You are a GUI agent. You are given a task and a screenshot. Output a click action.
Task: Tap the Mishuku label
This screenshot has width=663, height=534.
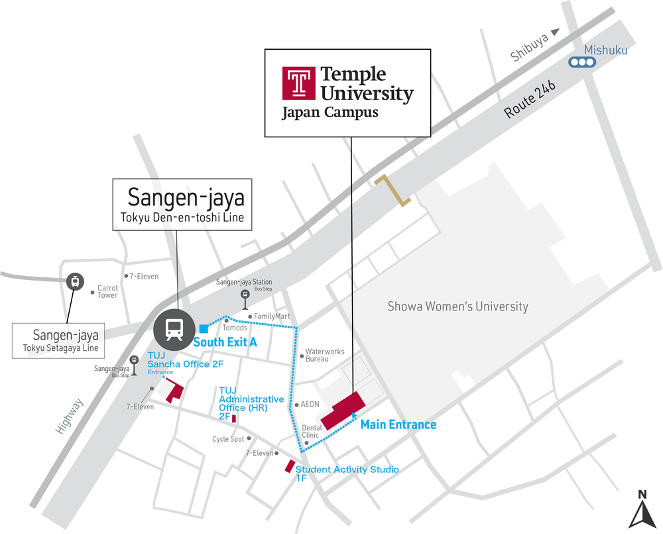605,50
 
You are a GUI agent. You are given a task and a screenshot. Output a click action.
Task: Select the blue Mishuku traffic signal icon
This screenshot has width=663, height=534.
582,63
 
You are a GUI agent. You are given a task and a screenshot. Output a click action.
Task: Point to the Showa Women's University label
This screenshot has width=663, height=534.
457,306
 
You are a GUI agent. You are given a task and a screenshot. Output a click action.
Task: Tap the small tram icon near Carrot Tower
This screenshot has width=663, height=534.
75,281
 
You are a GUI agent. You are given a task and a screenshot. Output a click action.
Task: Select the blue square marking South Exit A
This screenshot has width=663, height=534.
204,328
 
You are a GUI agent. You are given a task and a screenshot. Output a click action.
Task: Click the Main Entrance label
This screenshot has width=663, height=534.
398,425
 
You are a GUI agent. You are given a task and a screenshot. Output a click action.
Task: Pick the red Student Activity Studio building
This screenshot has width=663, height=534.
290,466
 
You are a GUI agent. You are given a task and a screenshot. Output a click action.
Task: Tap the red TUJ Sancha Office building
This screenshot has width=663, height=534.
175,392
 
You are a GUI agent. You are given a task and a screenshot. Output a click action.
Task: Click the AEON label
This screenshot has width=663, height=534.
310,404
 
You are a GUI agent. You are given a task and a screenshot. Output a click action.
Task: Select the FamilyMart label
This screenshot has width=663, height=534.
272,316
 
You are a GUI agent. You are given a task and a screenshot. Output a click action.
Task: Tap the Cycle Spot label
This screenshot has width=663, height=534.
229,438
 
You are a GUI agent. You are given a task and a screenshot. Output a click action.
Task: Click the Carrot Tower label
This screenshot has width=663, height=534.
107,292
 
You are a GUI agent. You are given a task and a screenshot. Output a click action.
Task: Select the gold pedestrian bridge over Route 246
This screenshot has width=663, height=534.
392,190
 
